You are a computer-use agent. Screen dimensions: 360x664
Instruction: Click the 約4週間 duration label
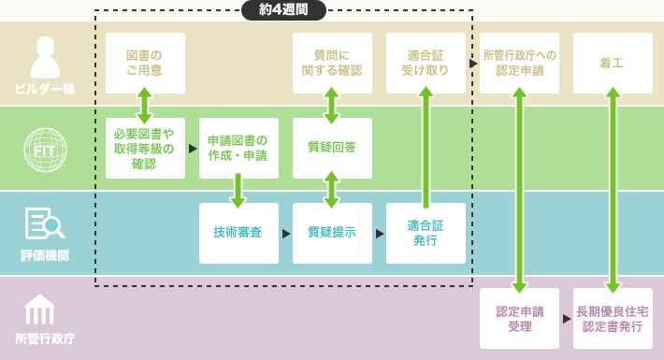[x=283, y=10]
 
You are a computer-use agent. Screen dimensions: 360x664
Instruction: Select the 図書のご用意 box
[x=145, y=63]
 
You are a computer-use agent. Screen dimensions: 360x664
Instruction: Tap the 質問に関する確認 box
[x=332, y=63]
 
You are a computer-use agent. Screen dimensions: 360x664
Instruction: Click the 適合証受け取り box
[x=426, y=63]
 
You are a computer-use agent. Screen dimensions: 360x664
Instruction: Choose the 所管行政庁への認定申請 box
[x=519, y=63]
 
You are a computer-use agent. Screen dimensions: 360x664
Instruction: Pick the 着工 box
[x=613, y=63]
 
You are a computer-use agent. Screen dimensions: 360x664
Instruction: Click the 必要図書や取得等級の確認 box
[x=145, y=148]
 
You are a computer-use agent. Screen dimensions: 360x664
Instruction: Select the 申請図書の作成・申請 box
[x=238, y=148]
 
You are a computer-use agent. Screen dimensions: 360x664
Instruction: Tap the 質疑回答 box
[x=332, y=148]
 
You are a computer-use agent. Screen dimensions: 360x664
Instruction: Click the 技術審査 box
[x=238, y=233]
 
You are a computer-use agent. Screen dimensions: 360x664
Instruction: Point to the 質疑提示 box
[x=332, y=233]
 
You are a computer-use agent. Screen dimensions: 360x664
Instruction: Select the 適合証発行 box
[x=426, y=233]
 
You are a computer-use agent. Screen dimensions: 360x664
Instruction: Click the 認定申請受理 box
[x=519, y=318]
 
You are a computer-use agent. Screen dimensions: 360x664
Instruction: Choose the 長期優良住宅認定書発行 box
[x=613, y=318]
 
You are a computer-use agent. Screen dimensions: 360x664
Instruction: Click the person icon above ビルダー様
[x=44, y=57]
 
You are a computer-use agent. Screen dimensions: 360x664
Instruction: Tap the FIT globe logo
[x=44, y=149]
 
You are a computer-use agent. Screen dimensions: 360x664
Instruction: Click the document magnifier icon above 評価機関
[x=44, y=223]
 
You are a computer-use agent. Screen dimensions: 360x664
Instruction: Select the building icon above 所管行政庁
[x=39, y=309]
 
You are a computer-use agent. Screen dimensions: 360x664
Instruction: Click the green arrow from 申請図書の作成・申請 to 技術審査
[x=238, y=190]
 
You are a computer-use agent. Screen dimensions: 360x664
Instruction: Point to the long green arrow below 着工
[x=613, y=191]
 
